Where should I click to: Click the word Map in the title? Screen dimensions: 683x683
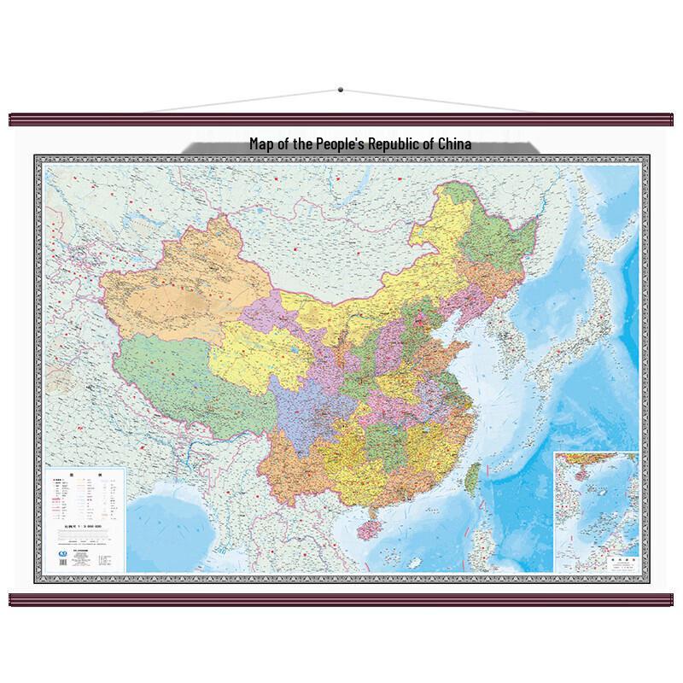click(261, 144)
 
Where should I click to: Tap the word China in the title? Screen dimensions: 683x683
click(452, 144)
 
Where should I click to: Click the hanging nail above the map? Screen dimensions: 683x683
click(340, 89)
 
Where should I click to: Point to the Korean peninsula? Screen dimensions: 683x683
click(517, 337)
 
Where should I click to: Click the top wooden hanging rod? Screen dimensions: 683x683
click(341, 118)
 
